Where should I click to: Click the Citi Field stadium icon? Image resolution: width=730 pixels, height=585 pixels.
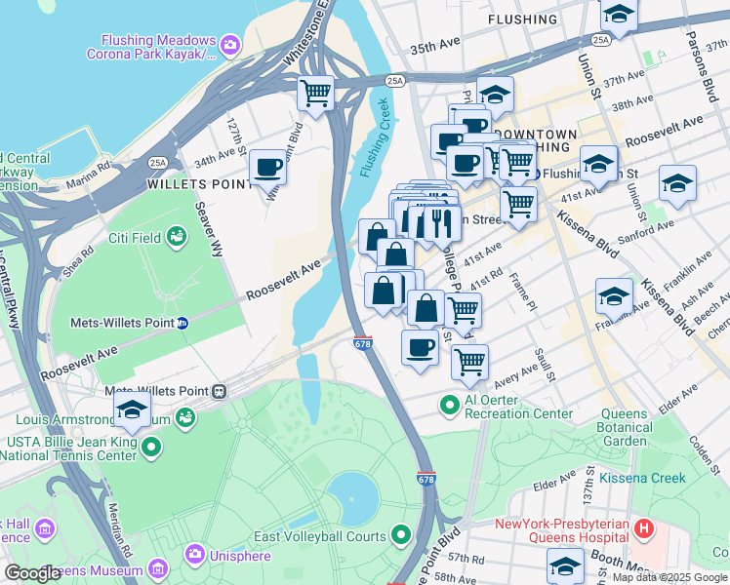coord(177,236)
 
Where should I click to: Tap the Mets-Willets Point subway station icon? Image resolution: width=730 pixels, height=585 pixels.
coord(182,323)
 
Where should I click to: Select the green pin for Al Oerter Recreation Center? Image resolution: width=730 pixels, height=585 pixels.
coord(449,403)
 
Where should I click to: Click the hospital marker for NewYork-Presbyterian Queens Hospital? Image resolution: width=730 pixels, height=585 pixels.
coord(643,530)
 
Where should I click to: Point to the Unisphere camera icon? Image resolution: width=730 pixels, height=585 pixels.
coord(194,555)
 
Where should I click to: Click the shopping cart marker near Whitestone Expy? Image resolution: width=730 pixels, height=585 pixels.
coord(316,94)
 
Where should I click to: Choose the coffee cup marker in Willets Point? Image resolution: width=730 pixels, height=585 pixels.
coord(267,167)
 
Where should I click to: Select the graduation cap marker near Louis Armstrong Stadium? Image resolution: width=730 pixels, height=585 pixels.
coord(132,409)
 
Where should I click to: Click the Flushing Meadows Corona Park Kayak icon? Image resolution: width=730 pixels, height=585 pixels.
coord(230,43)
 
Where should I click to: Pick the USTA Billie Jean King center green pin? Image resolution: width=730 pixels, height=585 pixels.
coord(151,448)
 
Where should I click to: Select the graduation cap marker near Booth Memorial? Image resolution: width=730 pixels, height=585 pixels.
coord(565,565)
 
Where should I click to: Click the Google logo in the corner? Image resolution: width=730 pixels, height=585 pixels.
coord(32,573)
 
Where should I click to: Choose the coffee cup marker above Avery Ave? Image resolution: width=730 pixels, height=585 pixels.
coord(421,347)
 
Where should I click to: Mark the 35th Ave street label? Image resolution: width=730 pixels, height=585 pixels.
coord(434,47)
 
